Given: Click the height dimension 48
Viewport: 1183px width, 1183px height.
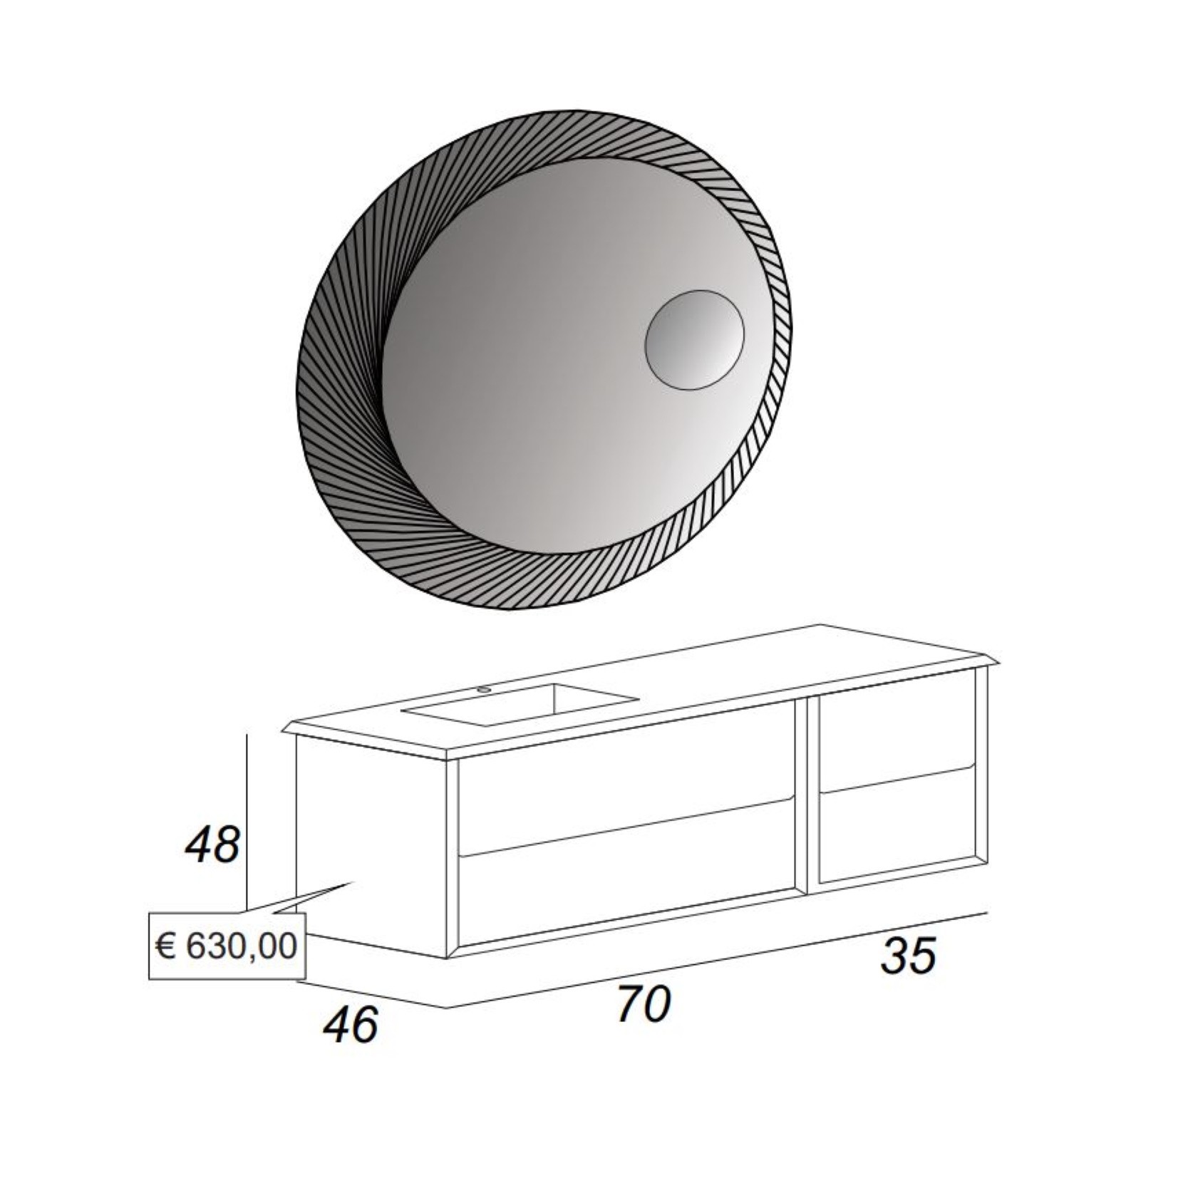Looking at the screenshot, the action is click(x=212, y=846).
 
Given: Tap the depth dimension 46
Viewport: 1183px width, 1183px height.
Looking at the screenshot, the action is click(x=351, y=1026).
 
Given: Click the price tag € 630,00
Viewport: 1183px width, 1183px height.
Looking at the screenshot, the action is click(x=227, y=946).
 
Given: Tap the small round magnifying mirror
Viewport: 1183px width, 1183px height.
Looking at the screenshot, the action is click(x=694, y=340).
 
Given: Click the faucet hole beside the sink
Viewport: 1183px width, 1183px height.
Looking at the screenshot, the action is click(x=484, y=689).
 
